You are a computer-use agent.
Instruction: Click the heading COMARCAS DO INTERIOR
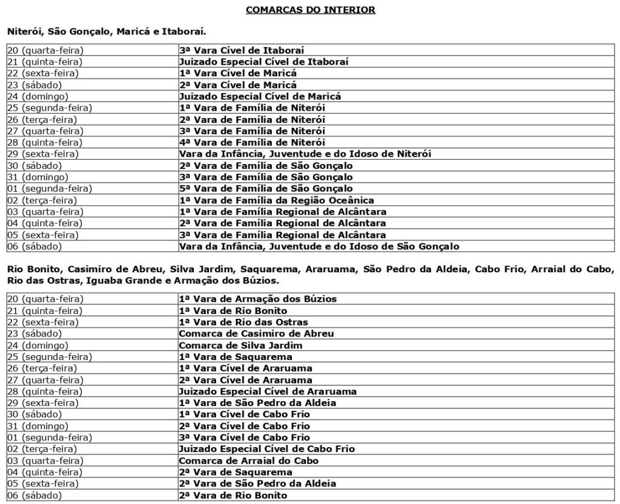coord(310,10)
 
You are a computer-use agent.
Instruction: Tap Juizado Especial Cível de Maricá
coord(260,96)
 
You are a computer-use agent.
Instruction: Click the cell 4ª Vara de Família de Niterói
coord(252,143)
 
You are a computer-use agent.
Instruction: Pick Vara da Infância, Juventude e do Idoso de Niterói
coord(305,154)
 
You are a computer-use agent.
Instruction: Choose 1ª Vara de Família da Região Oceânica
coord(276,200)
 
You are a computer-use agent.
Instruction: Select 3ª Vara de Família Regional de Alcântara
coord(282,235)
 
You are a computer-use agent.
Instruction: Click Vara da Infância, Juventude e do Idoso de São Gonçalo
coord(319,246)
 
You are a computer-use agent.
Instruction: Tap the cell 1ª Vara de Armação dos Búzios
coord(257,299)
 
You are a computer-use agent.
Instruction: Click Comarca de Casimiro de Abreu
coord(256,333)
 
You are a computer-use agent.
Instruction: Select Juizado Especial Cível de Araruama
coord(268,391)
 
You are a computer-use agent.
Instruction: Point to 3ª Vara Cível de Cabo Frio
coord(244,437)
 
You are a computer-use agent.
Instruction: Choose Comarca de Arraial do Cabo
coord(248,460)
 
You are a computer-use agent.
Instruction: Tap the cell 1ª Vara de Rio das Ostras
coord(243,322)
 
